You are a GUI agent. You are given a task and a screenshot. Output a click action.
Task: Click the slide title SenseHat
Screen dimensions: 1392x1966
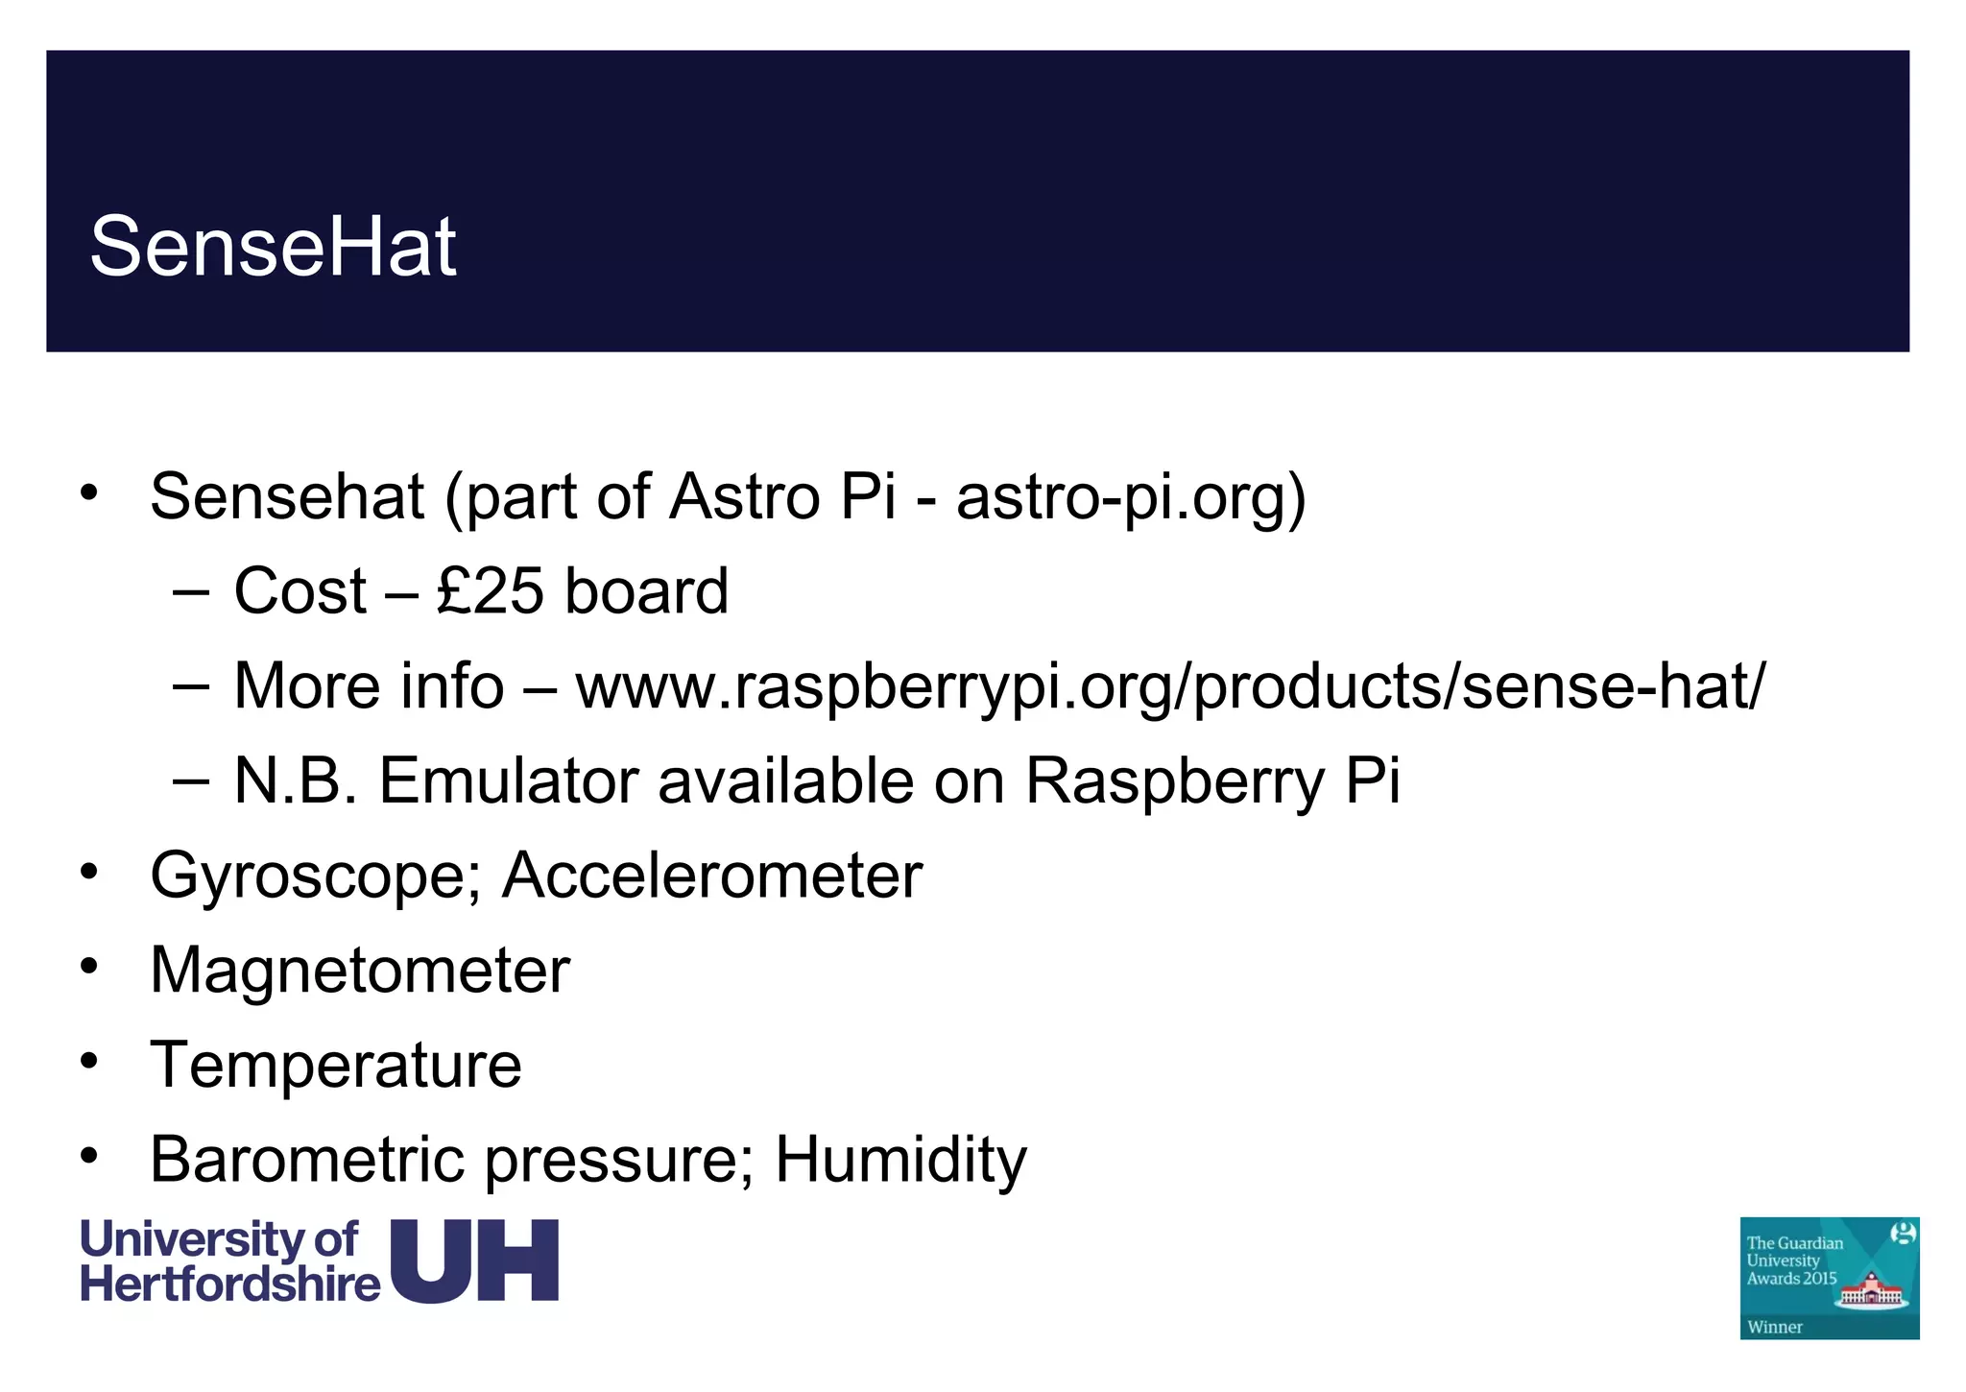(x=273, y=247)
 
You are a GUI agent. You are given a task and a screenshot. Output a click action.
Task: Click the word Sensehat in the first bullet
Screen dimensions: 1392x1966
(x=287, y=497)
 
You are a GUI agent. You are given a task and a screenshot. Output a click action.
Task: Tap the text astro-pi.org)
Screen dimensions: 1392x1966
(x=1131, y=497)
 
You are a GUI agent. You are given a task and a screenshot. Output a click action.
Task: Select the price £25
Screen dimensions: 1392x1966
(x=490, y=590)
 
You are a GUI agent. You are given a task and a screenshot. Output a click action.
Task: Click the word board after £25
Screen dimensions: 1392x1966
(x=646, y=590)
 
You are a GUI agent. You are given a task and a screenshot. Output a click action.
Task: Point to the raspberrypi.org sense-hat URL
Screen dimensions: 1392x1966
(x=1170, y=686)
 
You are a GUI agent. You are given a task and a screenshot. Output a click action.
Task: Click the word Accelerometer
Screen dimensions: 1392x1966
(x=711, y=875)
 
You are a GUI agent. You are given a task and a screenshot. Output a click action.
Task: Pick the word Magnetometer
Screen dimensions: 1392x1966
(x=360, y=970)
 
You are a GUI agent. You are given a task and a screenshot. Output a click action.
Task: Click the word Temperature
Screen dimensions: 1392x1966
(x=336, y=1065)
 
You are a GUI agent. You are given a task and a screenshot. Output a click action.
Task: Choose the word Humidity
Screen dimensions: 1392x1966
(x=900, y=1159)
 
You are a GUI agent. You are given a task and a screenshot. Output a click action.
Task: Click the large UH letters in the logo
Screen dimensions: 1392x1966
(x=475, y=1260)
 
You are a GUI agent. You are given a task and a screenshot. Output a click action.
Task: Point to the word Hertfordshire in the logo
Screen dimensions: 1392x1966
(x=230, y=1284)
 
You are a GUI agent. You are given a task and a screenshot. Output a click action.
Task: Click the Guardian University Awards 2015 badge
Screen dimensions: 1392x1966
(x=1829, y=1277)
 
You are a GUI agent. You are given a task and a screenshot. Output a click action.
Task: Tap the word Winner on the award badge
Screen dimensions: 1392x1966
(x=1775, y=1328)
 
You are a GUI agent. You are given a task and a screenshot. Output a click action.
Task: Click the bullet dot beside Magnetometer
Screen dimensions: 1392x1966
(x=89, y=967)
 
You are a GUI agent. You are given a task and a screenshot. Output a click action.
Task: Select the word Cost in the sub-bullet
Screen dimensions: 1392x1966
(x=300, y=590)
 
